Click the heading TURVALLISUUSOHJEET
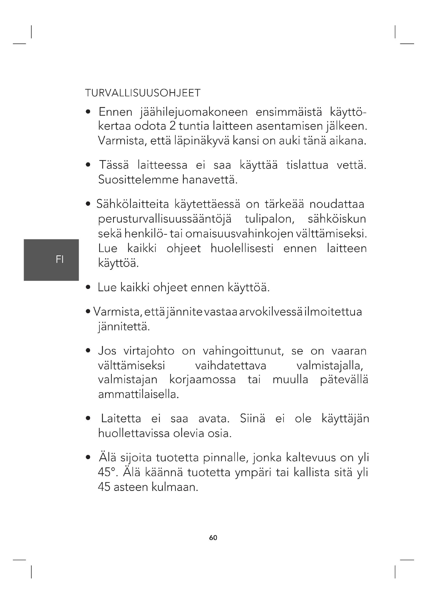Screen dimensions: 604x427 [143, 93]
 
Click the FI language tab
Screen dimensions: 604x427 [60, 260]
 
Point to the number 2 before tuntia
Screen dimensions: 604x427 [173, 126]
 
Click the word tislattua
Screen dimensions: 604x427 [307, 165]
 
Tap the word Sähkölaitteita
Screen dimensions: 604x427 [132, 204]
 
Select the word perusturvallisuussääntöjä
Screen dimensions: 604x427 [165, 219]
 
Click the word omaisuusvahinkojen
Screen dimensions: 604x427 [239, 234]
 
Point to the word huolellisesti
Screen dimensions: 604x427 [242, 248]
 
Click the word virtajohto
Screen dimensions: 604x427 [149, 351]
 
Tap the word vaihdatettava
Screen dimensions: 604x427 [231, 366]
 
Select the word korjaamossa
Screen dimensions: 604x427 [202, 380]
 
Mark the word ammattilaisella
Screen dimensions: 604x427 [138, 394]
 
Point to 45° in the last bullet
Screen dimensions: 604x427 [106, 473]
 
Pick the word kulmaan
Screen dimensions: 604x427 [175, 487]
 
